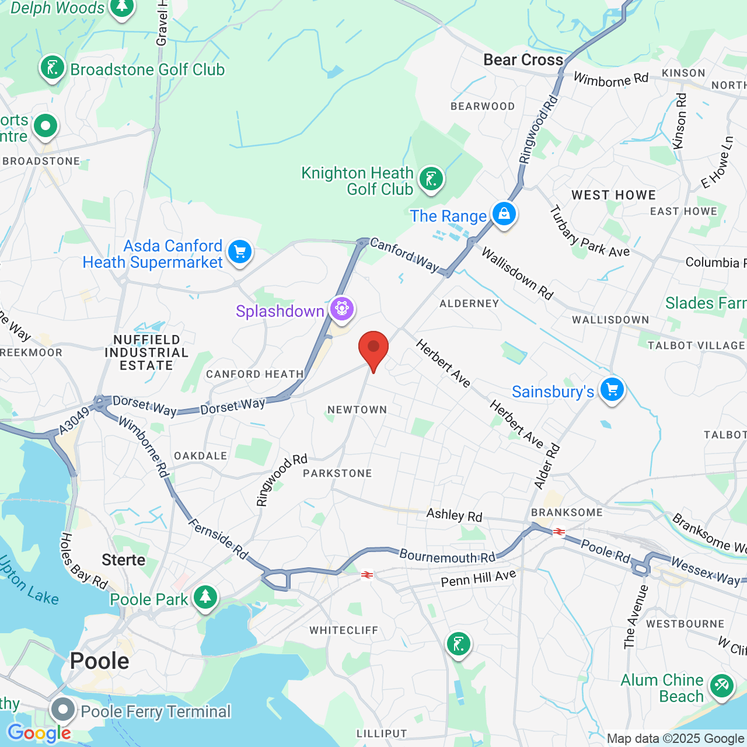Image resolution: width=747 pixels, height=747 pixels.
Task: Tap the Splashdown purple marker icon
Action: [x=342, y=308]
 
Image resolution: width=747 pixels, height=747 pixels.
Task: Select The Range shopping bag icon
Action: [x=504, y=214]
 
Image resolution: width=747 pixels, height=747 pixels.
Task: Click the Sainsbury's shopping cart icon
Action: [x=612, y=389]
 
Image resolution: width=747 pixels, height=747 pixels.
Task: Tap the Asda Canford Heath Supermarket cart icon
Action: [x=239, y=252]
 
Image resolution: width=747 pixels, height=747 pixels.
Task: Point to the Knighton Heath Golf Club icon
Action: [x=431, y=179]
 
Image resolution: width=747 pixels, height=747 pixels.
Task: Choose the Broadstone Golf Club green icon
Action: [x=53, y=68]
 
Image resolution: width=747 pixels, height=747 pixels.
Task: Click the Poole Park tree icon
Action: [x=205, y=597]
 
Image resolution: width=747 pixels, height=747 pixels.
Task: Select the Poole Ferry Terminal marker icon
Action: [x=62, y=710]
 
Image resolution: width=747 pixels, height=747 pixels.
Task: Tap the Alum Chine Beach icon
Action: [x=722, y=685]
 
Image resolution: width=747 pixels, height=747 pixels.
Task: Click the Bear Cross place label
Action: [x=523, y=60]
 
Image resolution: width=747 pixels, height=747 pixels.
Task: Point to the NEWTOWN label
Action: [x=357, y=410]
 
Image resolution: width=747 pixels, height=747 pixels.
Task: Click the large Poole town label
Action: [x=99, y=661]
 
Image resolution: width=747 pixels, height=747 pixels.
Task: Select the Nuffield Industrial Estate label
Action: [x=146, y=352]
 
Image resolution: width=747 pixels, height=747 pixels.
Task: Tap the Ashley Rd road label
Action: [x=454, y=515]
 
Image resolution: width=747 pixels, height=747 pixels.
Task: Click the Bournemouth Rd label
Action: [x=447, y=556]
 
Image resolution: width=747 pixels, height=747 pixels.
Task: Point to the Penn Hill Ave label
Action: [x=479, y=578]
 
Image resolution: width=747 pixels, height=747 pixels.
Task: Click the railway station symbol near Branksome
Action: [x=559, y=532]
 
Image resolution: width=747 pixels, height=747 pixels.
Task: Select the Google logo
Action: [x=39, y=733]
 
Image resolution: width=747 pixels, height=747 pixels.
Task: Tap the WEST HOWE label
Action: [x=613, y=195]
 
